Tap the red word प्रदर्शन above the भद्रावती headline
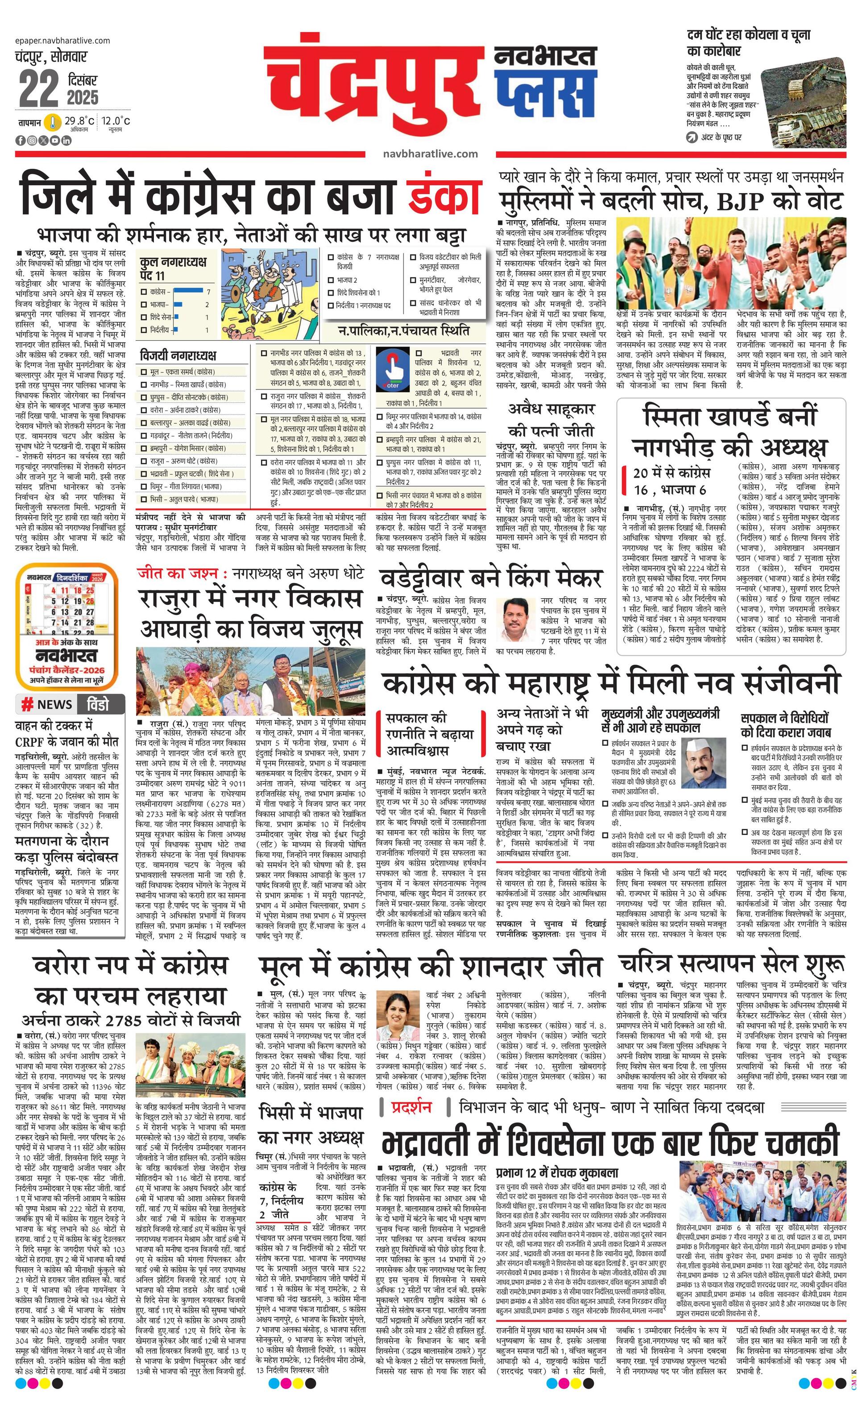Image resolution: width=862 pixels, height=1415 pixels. coord(411,1106)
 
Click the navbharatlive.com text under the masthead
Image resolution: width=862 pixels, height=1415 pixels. coord(430,153)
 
